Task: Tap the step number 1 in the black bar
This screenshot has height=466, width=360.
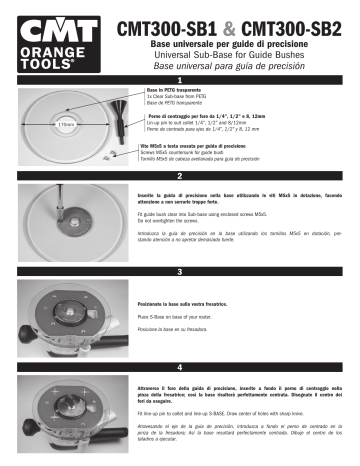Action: [179, 79]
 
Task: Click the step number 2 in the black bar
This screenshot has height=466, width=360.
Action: [179, 175]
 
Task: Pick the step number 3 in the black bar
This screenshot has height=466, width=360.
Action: [179, 271]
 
